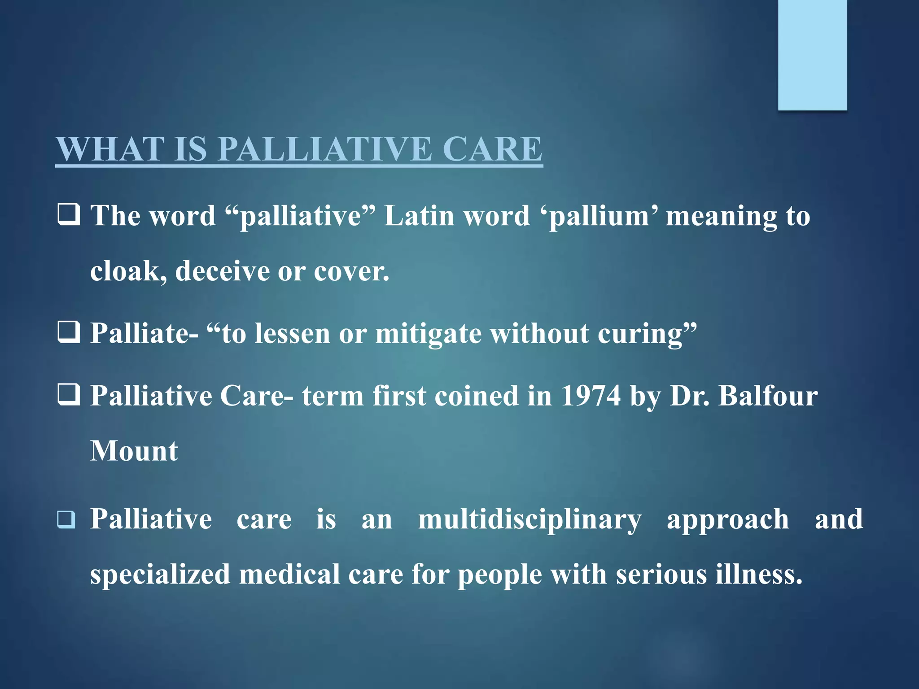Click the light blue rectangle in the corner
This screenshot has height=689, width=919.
click(x=812, y=55)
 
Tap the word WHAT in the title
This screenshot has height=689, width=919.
click(x=110, y=149)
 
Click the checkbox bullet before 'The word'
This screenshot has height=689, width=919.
click(x=69, y=214)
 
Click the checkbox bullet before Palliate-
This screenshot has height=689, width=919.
click(x=69, y=332)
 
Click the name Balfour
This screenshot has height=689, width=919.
click(x=768, y=396)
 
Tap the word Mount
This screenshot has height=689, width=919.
click(x=134, y=451)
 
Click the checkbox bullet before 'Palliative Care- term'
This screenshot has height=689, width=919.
click(x=69, y=394)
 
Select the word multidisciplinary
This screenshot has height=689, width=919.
click(x=530, y=520)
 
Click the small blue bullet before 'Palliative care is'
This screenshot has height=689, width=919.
click(x=66, y=520)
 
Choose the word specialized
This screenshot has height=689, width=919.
click(x=160, y=575)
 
